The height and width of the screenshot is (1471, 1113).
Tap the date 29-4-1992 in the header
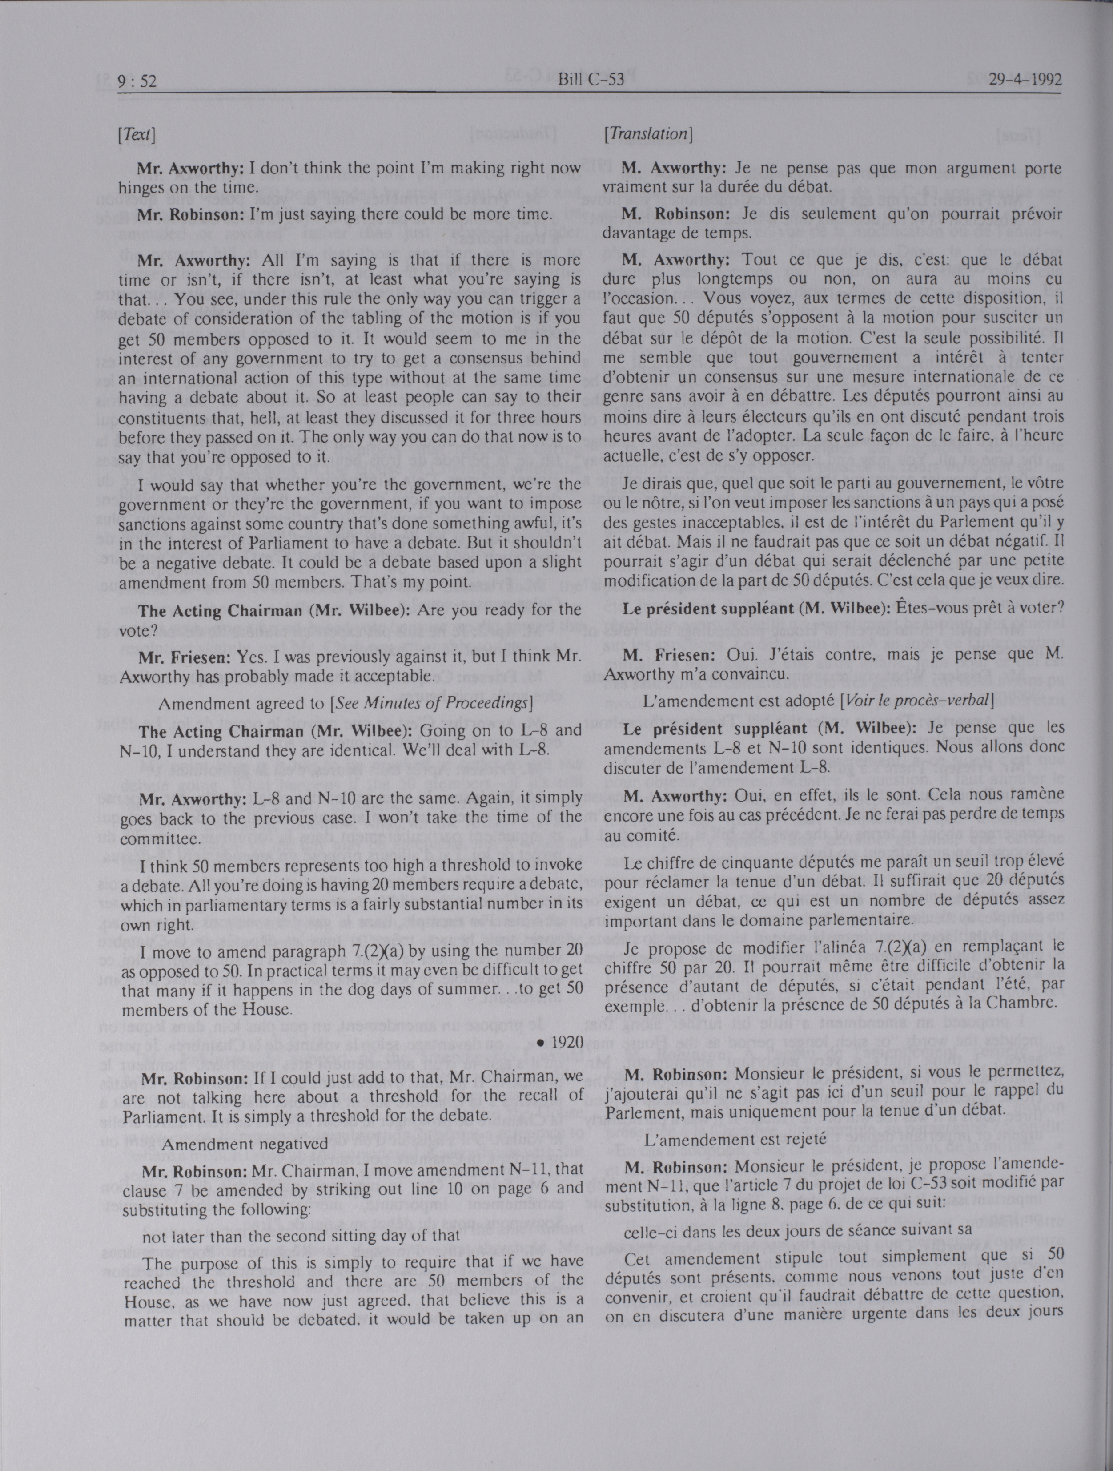[x=1024, y=81]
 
